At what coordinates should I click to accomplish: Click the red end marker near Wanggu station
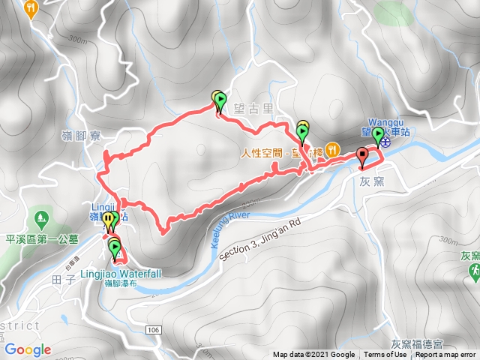click(x=363, y=157)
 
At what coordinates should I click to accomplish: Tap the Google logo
click(x=28, y=349)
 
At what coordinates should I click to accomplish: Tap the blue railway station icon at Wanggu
click(x=384, y=139)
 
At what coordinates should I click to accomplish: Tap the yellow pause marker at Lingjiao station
click(x=107, y=220)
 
